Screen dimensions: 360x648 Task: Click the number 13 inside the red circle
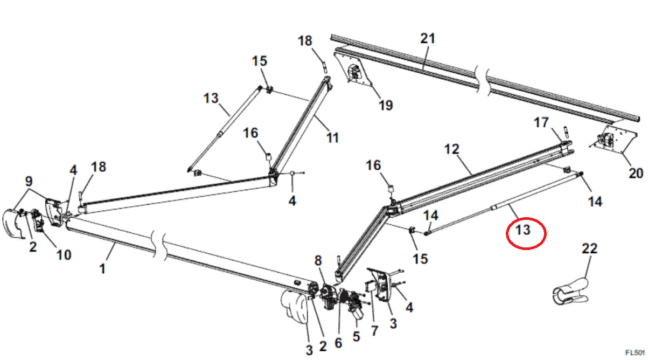523,230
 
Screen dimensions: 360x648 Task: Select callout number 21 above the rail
428,38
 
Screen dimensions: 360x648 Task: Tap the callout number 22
590,249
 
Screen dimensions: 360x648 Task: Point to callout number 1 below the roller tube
102,268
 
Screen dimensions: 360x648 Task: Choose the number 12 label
451,148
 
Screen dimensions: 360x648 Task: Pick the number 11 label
332,137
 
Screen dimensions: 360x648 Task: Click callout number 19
386,105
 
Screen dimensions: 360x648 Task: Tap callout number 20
636,173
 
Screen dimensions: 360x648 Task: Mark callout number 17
541,123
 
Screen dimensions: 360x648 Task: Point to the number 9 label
29,181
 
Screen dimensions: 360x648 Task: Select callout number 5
356,337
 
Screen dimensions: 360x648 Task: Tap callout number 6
338,343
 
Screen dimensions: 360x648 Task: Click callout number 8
318,261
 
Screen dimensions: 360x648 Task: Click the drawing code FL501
636,352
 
